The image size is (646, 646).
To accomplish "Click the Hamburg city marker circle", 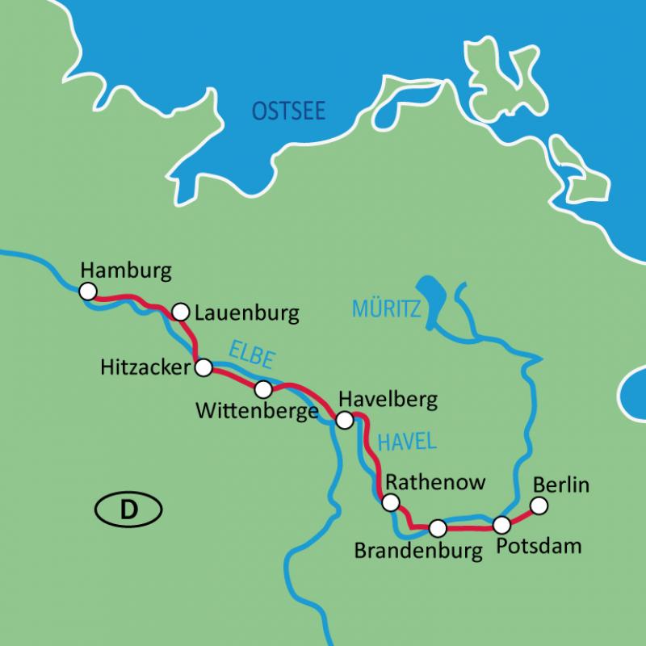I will [88, 291].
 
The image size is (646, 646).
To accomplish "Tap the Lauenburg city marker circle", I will [181, 312].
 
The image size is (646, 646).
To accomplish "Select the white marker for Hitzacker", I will [203, 368].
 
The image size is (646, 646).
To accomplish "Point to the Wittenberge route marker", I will [263, 390].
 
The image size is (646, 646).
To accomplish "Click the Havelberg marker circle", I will [345, 420].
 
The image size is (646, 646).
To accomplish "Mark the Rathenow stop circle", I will [391, 503].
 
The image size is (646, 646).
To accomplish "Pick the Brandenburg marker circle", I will [438, 528].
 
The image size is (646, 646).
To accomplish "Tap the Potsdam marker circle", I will [502, 524].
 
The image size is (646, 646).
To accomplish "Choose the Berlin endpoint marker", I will [539, 505].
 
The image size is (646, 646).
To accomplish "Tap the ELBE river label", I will [252, 356].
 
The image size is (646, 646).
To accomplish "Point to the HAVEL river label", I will [407, 441].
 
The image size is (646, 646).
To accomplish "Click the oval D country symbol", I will [128, 510].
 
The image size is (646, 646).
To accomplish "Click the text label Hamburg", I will [127, 271].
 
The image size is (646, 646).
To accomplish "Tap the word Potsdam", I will [539, 547].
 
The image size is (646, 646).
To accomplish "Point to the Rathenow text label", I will [436, 482].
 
